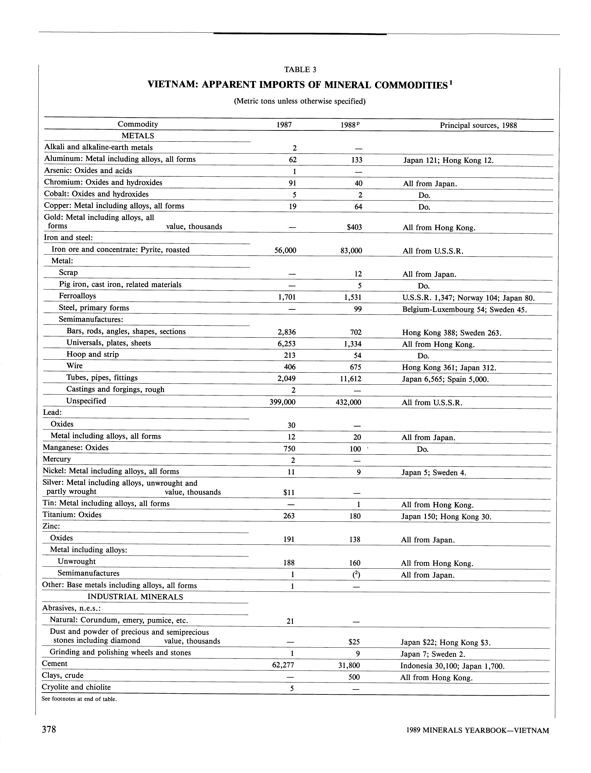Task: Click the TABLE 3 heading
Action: click(x=300, y=70)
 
